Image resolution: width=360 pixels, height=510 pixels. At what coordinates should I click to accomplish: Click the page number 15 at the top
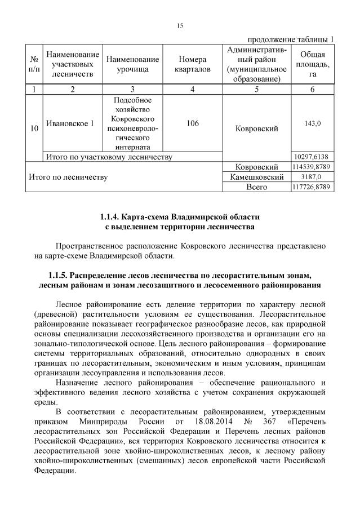(180, 25)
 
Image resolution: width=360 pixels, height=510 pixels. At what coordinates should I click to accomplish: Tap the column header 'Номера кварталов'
(193, 64)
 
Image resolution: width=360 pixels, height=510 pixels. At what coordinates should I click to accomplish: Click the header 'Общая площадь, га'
(313, 64)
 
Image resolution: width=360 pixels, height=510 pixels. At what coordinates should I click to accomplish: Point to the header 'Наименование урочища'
(132, 64)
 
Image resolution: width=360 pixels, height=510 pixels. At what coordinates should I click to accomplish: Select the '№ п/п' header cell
(34, 64)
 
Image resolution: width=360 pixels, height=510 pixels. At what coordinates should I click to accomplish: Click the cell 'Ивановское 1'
(70, 123)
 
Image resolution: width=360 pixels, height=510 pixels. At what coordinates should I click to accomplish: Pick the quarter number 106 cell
(193, 123)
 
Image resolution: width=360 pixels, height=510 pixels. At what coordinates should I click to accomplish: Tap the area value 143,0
(313, 123)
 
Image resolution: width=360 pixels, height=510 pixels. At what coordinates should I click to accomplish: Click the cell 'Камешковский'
(257, 177)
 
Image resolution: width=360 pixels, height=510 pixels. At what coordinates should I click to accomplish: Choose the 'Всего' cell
(257, 187)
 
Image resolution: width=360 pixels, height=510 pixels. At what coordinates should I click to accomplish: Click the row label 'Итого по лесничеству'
(68, 177)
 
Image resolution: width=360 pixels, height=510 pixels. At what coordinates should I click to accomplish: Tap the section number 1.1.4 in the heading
(112, 216)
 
